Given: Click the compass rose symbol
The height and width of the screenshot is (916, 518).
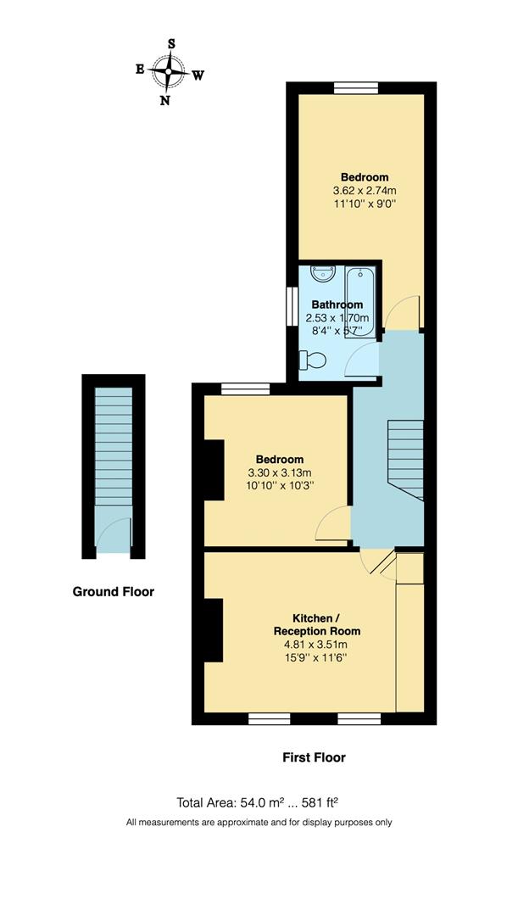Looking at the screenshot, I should coord(169,72).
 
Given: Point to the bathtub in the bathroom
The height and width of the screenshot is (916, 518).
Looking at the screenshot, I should coord(360,293).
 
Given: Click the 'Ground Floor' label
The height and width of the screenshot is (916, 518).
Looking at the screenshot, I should coord(114,592).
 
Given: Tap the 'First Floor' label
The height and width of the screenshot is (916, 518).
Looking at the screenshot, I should coord(314,757).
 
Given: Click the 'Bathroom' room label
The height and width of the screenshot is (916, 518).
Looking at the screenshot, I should coord(337,304).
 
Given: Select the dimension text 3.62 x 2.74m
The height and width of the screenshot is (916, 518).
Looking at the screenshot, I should coord(365,191).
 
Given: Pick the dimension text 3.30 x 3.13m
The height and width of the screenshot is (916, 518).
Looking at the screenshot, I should coord(275,472).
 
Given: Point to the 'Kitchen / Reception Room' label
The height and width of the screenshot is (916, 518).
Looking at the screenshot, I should coord(315,624).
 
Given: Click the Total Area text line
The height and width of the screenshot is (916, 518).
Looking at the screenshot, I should coord(262,801).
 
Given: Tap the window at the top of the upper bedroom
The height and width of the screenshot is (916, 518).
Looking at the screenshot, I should coord(355,87).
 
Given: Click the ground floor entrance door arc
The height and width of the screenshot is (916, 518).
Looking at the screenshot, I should coord(111,534).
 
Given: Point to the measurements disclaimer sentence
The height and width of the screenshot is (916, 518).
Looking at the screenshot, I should coord(259,822).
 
